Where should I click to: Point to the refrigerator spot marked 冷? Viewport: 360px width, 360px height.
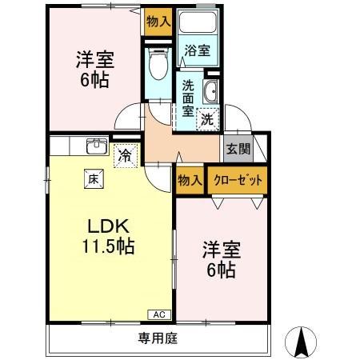[125, 154]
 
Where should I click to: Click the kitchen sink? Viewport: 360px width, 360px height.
[96, 146]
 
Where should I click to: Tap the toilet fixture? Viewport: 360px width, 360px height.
[158, 62]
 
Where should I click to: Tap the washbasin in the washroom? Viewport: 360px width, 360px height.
[212, 90]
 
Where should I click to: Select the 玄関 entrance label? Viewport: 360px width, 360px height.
[237, 148]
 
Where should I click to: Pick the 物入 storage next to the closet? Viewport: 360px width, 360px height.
[189, 181]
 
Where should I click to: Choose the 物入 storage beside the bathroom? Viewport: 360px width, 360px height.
[158, 22]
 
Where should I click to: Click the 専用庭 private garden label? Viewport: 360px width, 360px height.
[161, 338]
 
